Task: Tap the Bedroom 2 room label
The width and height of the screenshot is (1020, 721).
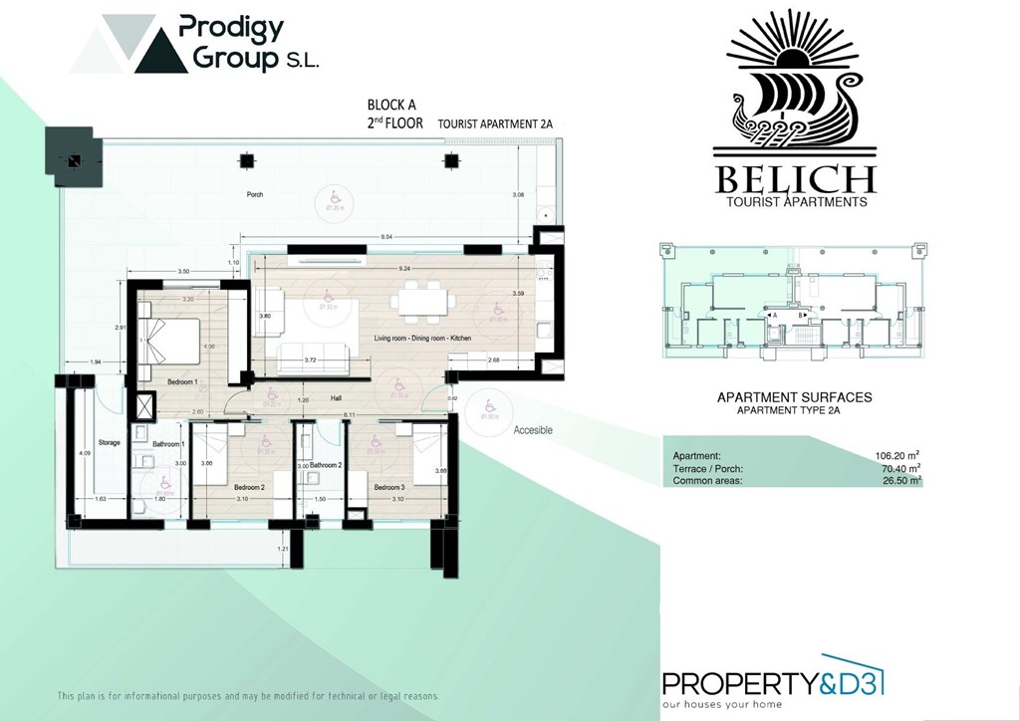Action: (249, 487)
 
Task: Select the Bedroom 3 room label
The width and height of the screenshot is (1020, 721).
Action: (387, 487)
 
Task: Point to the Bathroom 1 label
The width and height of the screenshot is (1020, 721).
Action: (168, 443)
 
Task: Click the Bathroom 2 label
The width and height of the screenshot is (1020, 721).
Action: (325, 465)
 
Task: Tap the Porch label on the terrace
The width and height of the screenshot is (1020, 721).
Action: (255, 194)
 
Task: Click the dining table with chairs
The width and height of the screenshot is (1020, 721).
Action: (418, 302)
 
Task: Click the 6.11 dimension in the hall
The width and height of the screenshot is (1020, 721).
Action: (350, 414)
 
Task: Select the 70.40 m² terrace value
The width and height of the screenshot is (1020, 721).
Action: (899, 468)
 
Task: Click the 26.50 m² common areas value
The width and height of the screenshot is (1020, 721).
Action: (899, 480)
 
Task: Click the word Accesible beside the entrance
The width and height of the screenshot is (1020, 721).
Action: (533, 430)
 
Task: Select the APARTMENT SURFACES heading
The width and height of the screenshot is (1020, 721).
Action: (794, 397)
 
